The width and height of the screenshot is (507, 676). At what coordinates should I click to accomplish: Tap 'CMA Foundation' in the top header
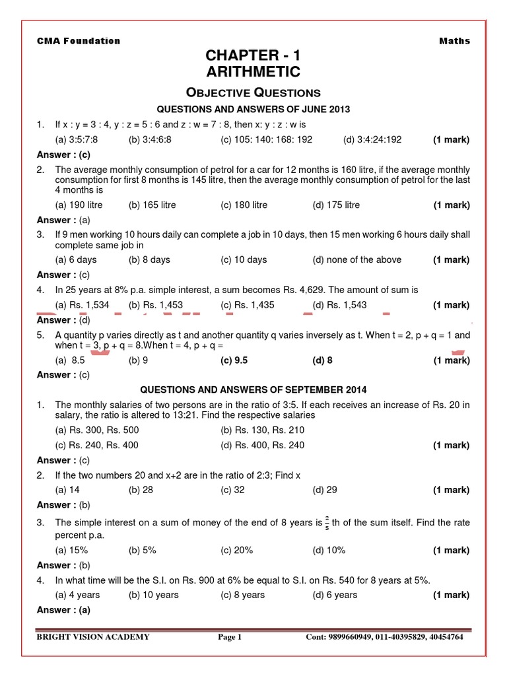[x=79, y=41]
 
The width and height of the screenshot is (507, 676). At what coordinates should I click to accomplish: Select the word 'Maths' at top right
[x=454, y=41]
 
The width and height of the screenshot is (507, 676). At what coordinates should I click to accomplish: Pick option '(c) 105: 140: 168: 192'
[x=266, y=139]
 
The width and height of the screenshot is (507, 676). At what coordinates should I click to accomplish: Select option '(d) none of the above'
[x=356, y=259]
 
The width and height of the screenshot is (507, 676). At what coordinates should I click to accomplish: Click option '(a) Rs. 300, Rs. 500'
[x=97, y=430]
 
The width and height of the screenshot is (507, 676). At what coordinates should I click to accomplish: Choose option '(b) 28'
[x=143, y=490]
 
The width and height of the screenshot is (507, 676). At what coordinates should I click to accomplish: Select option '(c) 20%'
[x=236, y=550]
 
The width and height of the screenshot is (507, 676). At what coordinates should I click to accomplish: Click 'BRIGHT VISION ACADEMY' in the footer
[x=93, y=637]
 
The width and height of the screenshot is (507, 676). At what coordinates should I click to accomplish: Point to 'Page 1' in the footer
[x=230, y=637]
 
